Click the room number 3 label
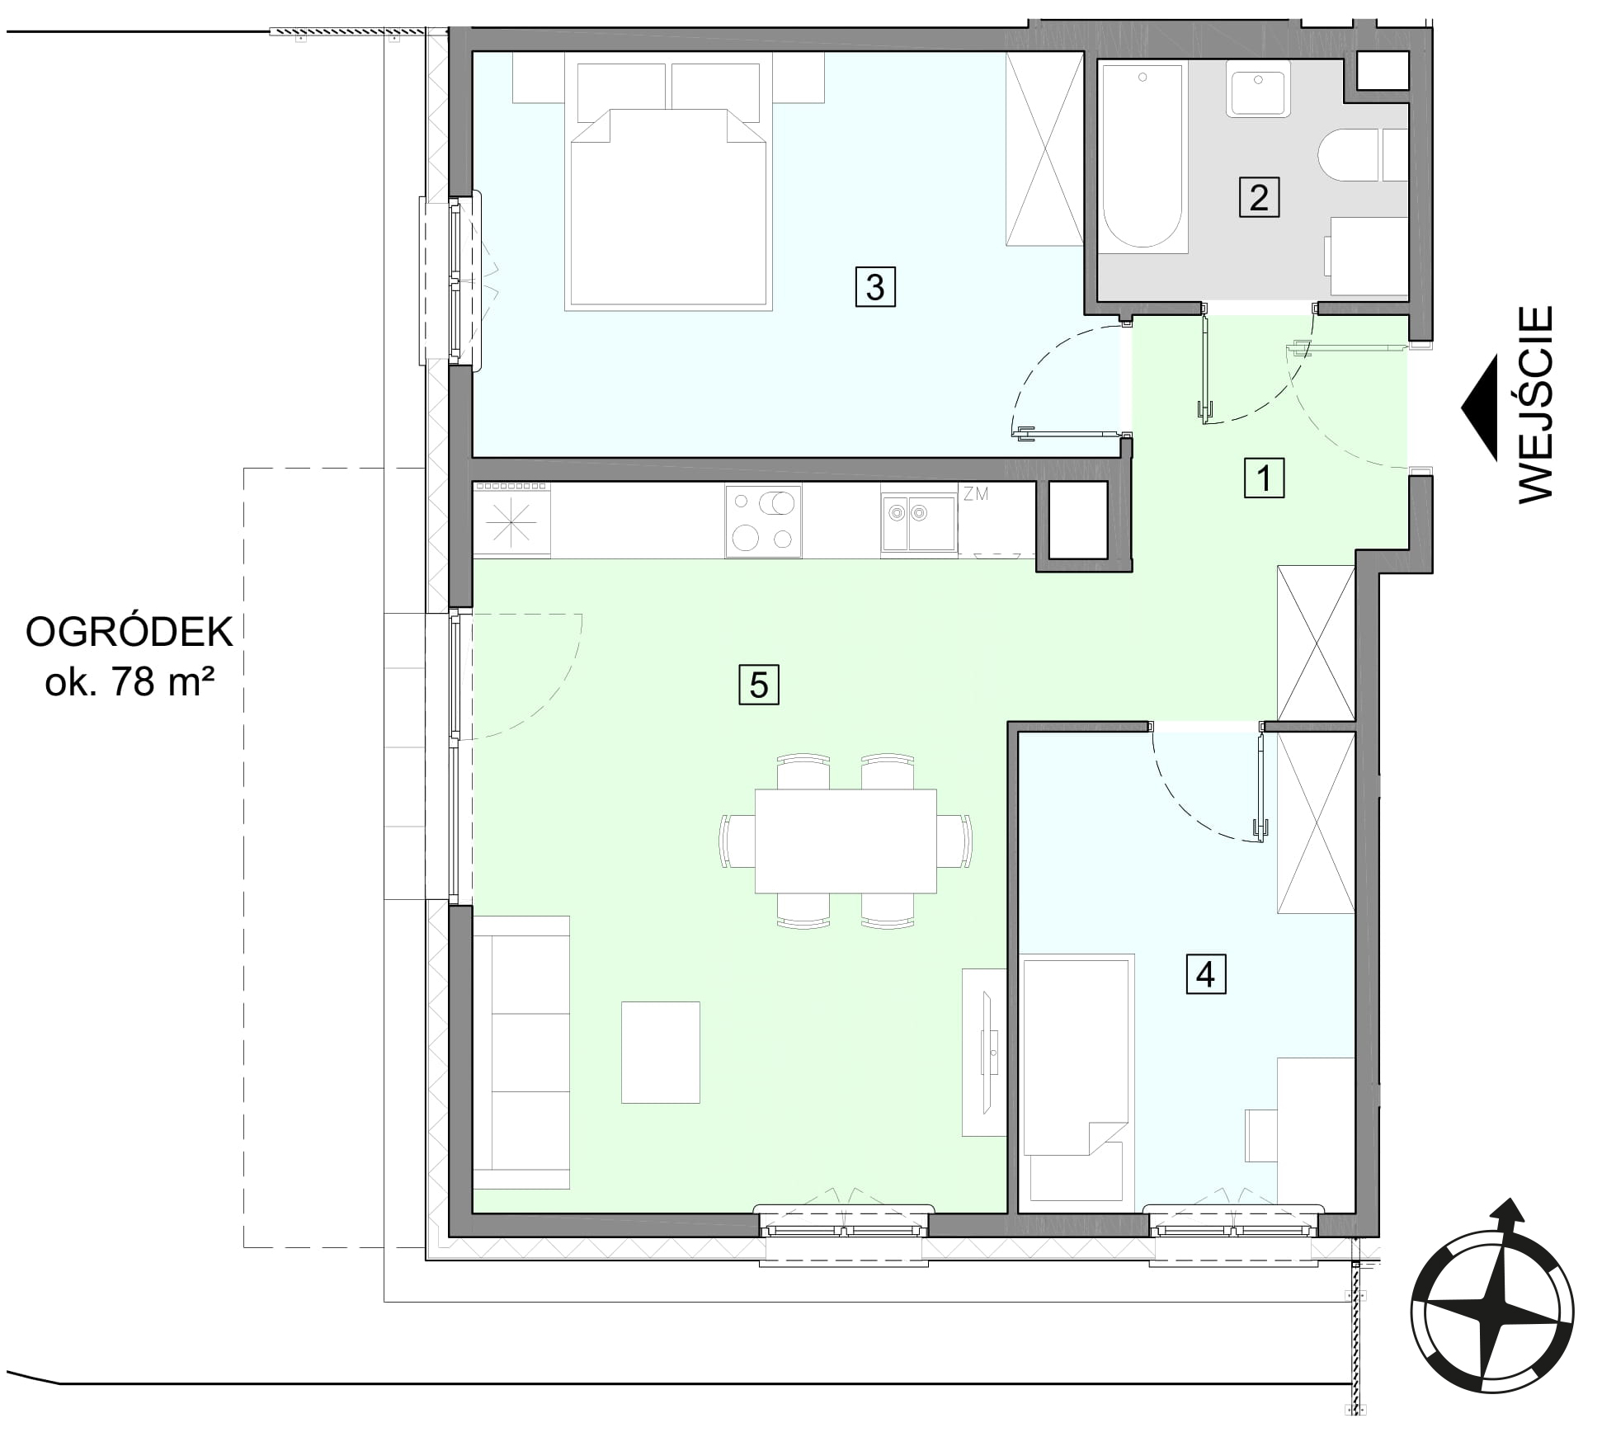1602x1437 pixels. [874, 287]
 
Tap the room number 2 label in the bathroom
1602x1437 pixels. [1259, 197]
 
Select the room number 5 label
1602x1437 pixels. [758, 685]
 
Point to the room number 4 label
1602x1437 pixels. [1205, 974]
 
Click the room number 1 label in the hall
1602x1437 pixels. [1264, 478]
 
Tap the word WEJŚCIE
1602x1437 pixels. [1536, 404]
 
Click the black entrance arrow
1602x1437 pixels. [1479, 408]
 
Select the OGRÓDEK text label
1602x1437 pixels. [130, 633]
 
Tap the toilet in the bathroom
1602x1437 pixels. [1362, 155]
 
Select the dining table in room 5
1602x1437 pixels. [846, 841]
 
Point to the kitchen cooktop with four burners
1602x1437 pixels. [764, 521]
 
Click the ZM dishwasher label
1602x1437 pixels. [976, 494]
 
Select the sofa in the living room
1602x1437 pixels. [521, 1052]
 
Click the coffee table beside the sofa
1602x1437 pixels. [660, 1052]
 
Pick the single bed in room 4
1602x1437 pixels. [1077, 1077]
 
